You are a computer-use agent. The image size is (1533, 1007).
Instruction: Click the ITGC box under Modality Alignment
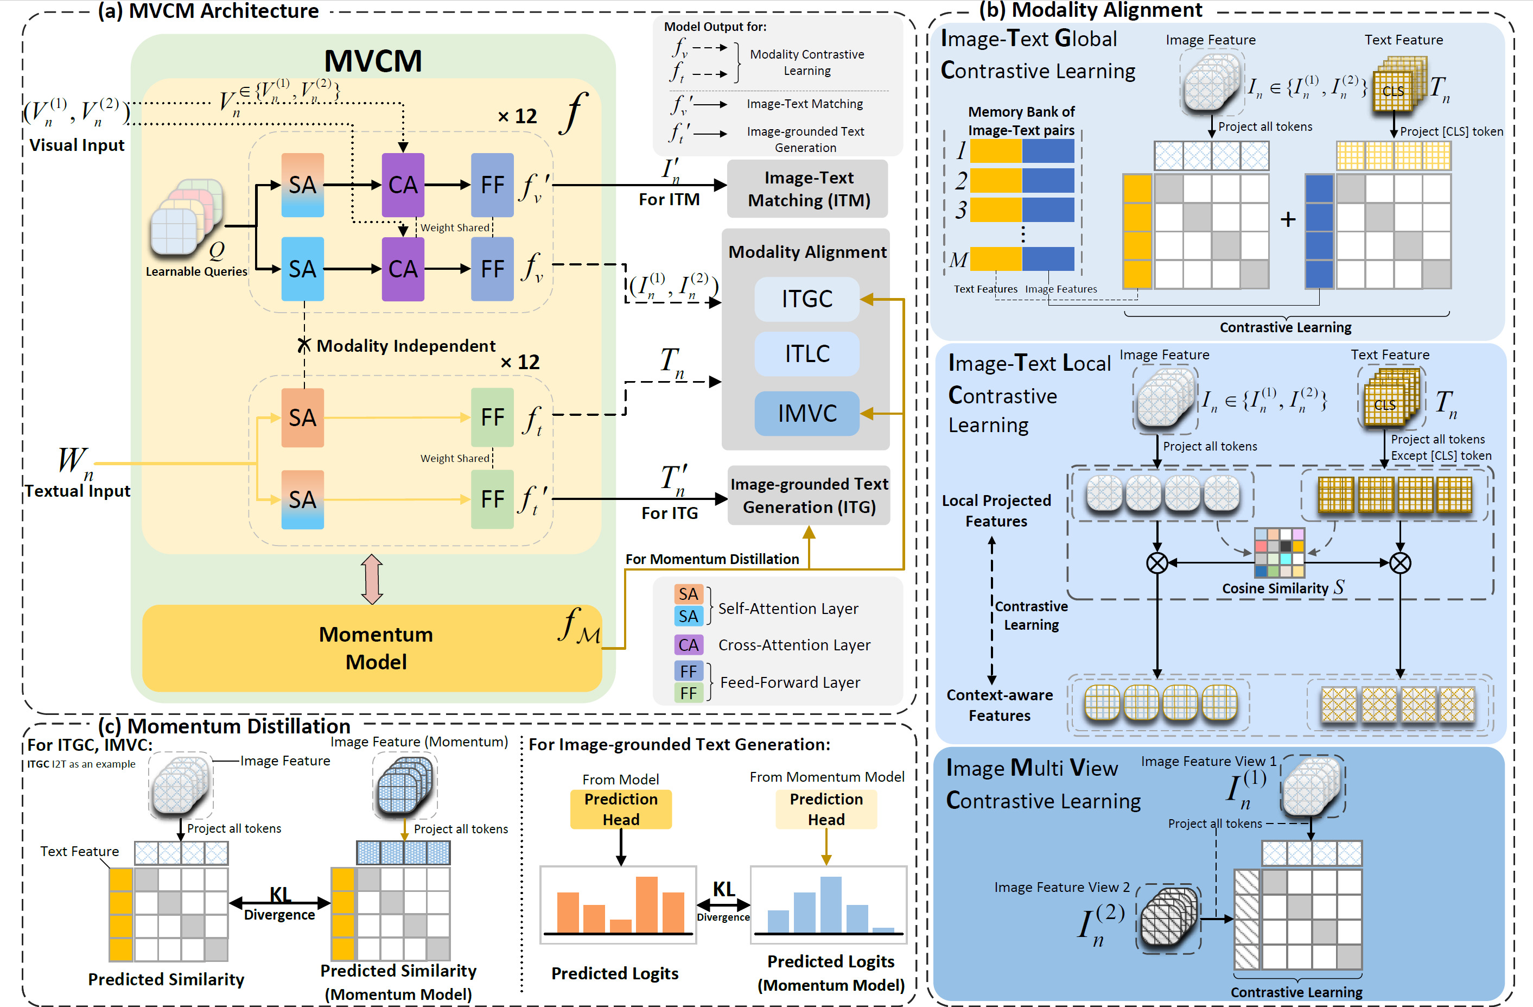(x=806, y=299)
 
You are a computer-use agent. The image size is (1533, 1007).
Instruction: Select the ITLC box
(x=806, y=354)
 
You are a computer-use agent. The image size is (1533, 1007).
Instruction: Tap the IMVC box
(x=806, y=413)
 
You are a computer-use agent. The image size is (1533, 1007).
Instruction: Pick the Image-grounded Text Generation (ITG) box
(x=809, y=496)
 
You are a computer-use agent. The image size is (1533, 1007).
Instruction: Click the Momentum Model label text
(x=376, y=648)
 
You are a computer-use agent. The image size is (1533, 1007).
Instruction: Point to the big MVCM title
(x=373, y=61)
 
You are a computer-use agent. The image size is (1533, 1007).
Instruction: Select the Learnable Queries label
(x=196, y=271)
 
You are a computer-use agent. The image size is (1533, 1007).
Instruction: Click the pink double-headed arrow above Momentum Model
(x=372, y=579)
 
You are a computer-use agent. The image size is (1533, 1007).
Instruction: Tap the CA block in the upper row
(x=403, y=185)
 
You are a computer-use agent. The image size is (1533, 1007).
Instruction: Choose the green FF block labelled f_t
(x=492, y=417)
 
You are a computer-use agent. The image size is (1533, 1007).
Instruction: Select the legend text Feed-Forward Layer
(x=790, y=682)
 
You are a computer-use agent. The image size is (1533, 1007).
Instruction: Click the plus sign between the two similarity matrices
(x=1288, y=220)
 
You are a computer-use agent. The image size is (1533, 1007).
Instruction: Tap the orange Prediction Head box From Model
(x=620, y=809)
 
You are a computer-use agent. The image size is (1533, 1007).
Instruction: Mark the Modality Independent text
(x=406, y=346)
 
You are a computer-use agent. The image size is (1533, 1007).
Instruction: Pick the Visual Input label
(x=77, y=145)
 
